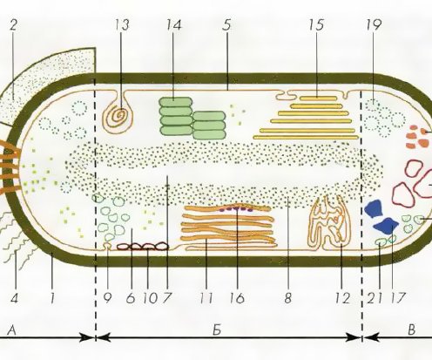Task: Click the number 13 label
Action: (x=121, y=25)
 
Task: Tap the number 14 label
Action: (x=174, y=25)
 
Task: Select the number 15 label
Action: (x=316, y=25)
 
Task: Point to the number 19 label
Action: (x=373, y=25)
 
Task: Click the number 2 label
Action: (x=13, y=25)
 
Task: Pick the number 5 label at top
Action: (x=226, y=25)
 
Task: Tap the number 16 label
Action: (x=237, y=298)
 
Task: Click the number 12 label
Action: (x=342, y=298)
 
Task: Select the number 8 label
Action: (x=287, y=298)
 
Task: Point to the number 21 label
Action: (x=375, y=298)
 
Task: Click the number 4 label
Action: (x=14, y=298)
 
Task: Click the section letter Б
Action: (x=217, y=330)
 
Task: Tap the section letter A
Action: (x=11, y=330)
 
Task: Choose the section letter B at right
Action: (x=411, y=330)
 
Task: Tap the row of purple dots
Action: (x=236, y=208)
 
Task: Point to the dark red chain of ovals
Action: (x=143, y=247)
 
